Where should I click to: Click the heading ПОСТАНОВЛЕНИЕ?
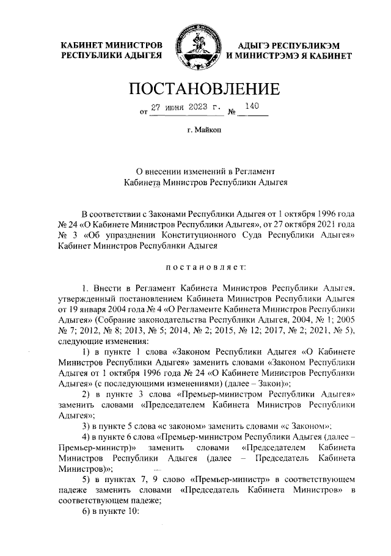tap(195, 89)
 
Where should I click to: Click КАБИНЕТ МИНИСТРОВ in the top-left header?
tap(110, 45)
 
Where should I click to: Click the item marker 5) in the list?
tap(86, 475)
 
